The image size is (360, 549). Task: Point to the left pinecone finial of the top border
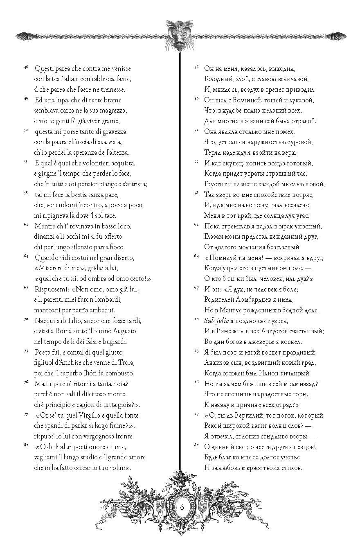[24, 36]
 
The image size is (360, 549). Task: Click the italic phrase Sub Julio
[217, 321]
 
